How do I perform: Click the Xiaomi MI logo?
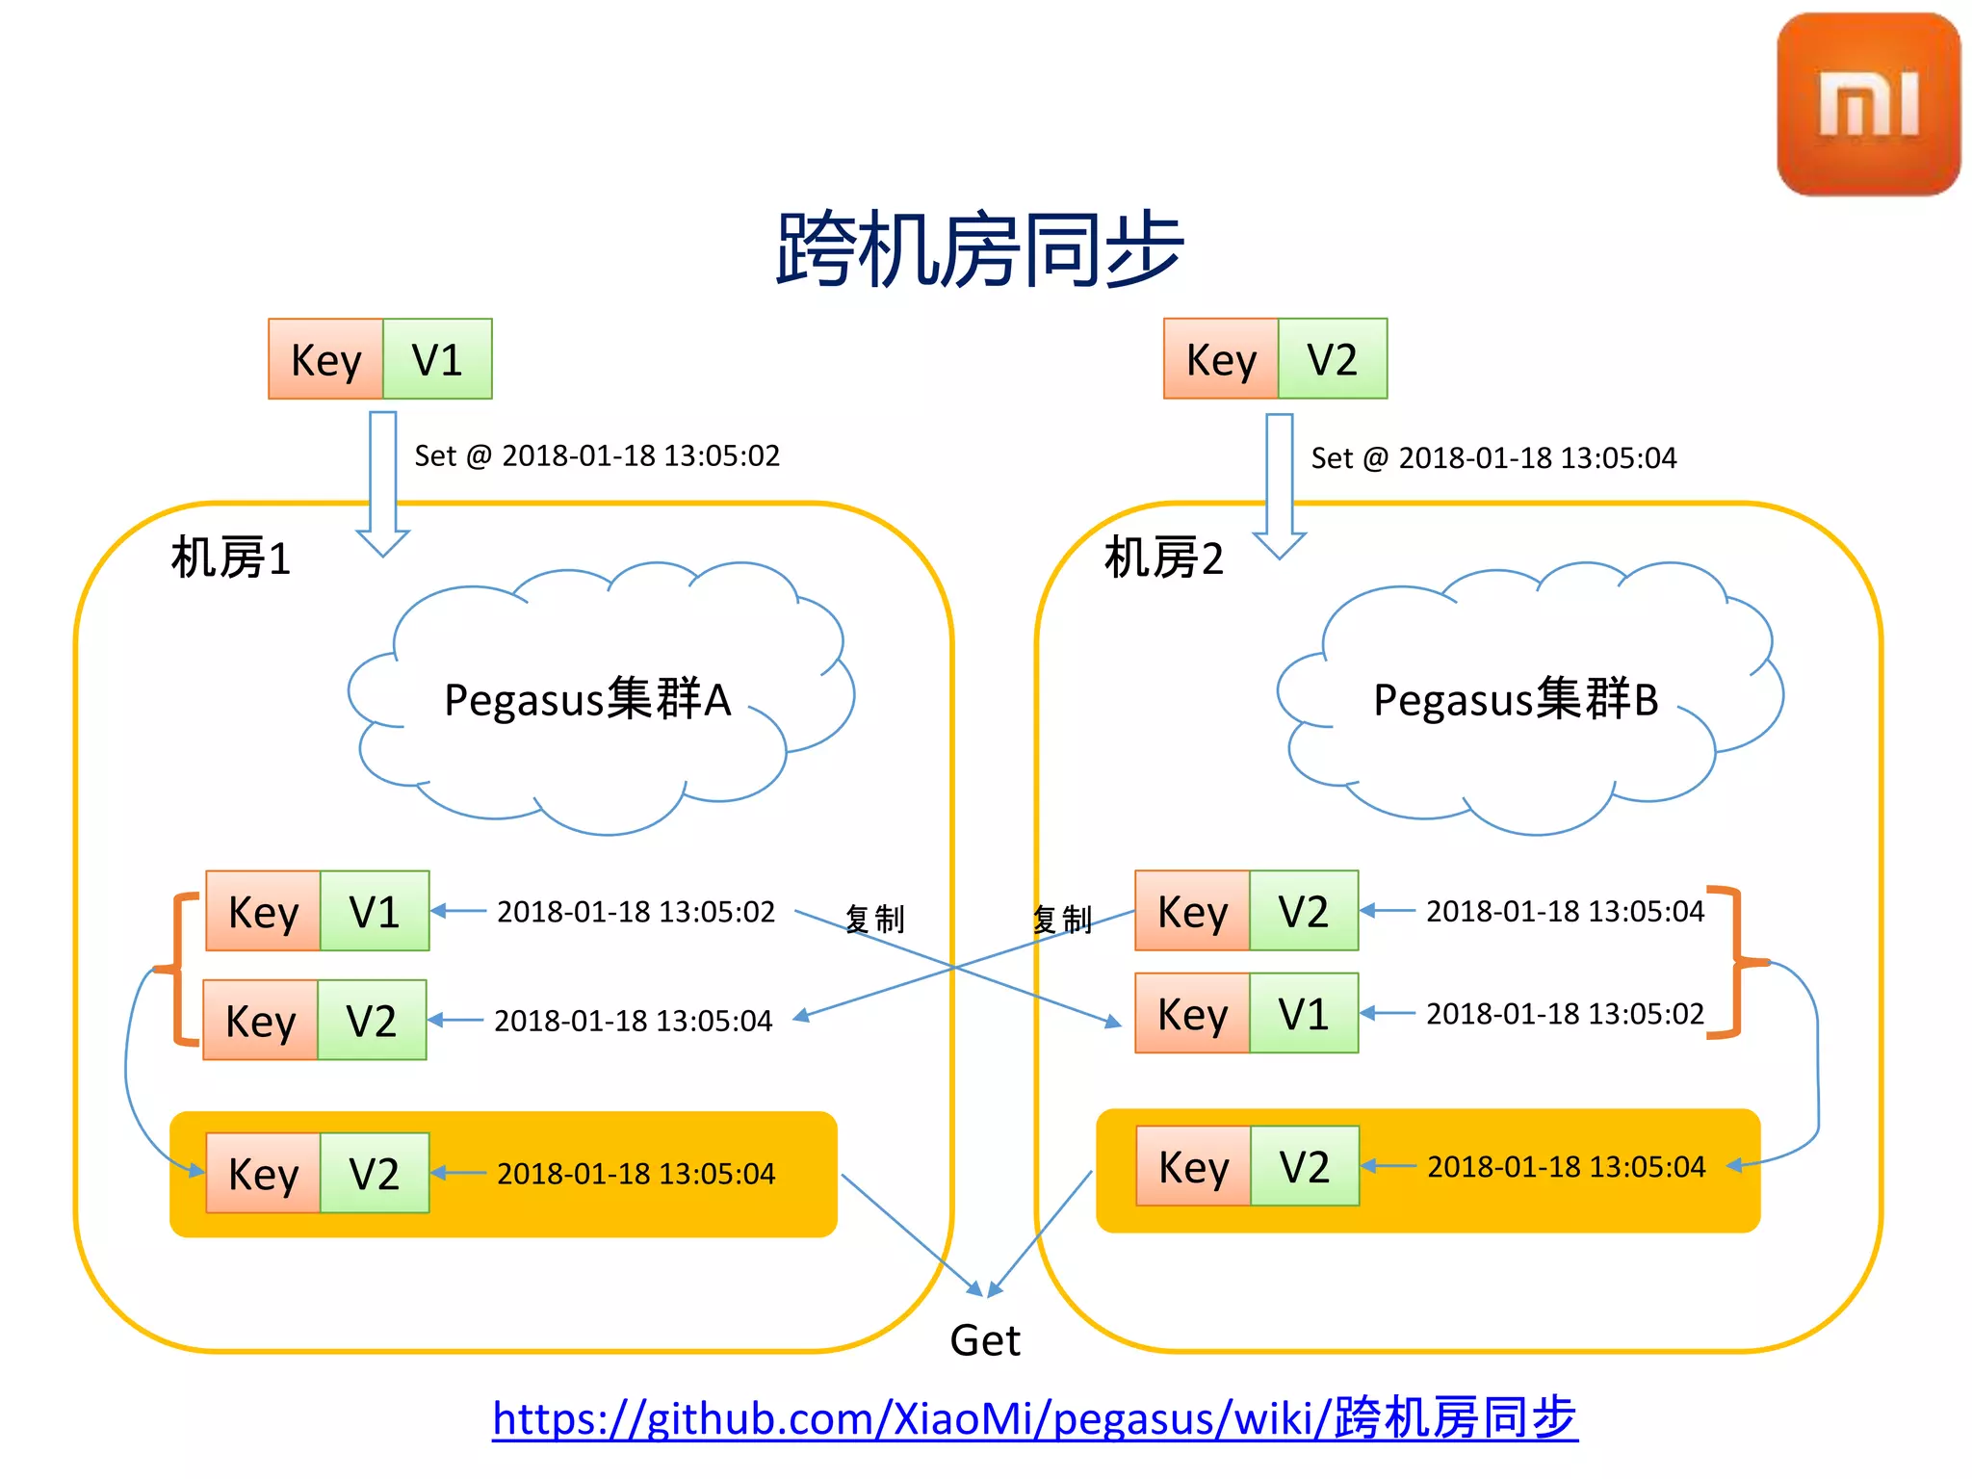click(1868, 104)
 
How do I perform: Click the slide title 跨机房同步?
click(979, 249)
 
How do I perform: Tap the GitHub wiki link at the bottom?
click(1034, 1418)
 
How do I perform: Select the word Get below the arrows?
click(984, 1340)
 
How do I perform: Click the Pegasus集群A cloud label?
click(587, 699)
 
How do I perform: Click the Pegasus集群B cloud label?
click(1516, 699)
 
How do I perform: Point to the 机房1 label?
click(231, 558)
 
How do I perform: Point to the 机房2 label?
click(1163, 558)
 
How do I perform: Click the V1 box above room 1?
click(437, 359)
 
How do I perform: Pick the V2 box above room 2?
click(1333, 359)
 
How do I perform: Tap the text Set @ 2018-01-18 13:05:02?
click(597, 455)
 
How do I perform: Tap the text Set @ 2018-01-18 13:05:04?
click(1493, 457)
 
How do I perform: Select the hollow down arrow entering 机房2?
click(1280, 486)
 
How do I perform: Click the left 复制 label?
click(874, 919)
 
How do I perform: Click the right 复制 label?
click(1062, 920)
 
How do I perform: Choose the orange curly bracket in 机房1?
click(179, 969)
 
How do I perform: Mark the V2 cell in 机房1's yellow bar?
click(375, 1174)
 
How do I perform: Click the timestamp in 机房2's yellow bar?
click(1566, 1167)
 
